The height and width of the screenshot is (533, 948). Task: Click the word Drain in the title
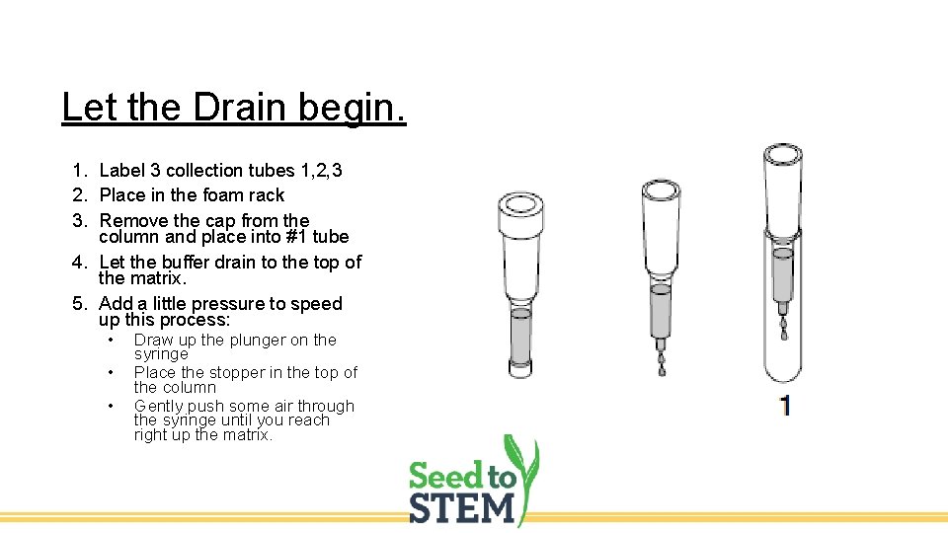(x=231, y=106)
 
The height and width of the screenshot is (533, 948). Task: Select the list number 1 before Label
(x=78, y=171)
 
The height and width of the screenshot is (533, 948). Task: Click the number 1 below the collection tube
(x=784, y=405)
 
